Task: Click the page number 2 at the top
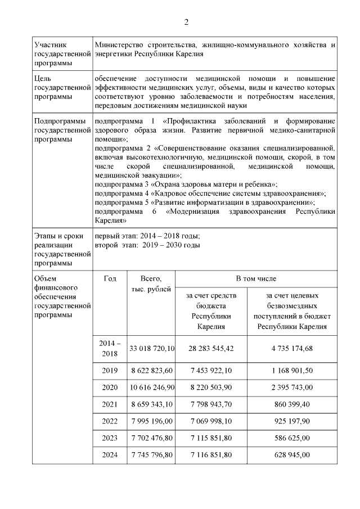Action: [186, 22]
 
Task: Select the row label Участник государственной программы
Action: [62, 53]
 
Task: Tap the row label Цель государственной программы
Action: [62, 87]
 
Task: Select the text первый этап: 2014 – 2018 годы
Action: [148, 236]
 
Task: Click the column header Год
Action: [110, 278]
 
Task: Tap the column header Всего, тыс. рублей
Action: [150, 283]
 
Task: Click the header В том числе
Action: [252, 278]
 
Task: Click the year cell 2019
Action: [110, 371]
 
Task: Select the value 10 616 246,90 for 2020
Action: [152, 388]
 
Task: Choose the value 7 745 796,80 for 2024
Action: [152, 455]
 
